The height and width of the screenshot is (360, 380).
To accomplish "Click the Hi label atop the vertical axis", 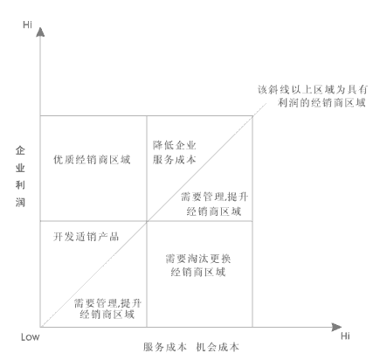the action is point(27,24).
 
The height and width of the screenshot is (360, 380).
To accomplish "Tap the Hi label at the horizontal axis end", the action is point(345,336).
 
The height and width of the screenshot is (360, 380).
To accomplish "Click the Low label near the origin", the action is point(30,337).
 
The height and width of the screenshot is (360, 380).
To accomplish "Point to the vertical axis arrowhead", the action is point(40,31).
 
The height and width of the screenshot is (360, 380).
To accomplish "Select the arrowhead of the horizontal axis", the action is point(336,327).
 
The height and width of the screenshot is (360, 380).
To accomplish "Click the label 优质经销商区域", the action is point(92,160).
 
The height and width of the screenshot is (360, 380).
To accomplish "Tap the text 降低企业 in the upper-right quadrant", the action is point(175,145).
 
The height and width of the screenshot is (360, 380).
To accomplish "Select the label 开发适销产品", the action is point(86,237).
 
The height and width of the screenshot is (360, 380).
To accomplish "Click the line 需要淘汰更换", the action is point(198,259).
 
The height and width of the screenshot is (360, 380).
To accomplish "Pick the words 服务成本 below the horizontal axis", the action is point(164,347).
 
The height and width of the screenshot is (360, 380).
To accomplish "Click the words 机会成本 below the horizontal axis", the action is point(218,347).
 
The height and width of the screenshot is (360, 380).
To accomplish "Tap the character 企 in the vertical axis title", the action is point(20,150).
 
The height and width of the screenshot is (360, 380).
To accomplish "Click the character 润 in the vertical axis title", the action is point(20,202).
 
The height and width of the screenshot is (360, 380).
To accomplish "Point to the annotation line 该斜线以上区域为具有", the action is point(312,90).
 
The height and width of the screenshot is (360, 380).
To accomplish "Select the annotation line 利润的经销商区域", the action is point(321,102).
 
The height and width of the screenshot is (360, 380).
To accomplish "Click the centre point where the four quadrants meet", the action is point(147,221).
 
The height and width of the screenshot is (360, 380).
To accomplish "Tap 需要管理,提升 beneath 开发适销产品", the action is point(107,303).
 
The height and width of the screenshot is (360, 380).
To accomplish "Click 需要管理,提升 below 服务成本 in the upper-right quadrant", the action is point(215,197).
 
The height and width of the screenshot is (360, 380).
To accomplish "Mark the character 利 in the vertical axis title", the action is point(20,185).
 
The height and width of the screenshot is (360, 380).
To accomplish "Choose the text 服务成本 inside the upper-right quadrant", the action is point(175,160).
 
